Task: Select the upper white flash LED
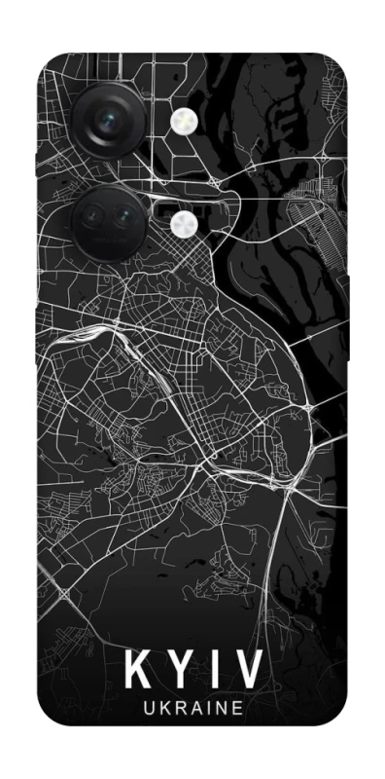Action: click(182, 121)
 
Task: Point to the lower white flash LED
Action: click(182, 225)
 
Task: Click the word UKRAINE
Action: click(192, 708)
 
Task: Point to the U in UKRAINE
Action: click(148, 708)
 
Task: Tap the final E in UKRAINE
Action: click(235, 708)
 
